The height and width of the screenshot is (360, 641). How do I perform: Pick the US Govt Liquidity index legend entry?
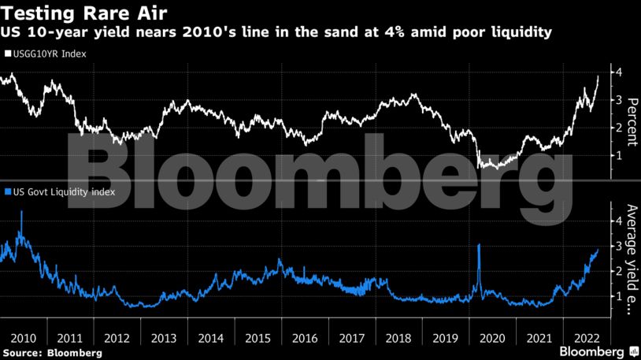pyautogui.click(x=60, y=191)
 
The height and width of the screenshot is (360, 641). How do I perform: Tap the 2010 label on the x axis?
pyautogui.click(x=22, y=336)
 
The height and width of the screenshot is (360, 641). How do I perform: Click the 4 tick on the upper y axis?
pyautogui.click(x=621, y=72)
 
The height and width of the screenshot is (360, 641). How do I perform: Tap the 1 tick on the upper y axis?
pyautogui.click(x=621, y=155)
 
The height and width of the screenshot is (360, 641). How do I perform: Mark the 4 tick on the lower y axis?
pyautogui.click(x=621, y=221)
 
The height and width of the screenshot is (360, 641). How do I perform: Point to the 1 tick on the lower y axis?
pyautogui.click(x=621, y=296)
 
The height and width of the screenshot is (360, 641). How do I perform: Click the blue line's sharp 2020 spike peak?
pyautogui.click(x=479, y=246)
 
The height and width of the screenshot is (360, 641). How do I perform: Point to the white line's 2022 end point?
pyautogui.click(x=598, y=77)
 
